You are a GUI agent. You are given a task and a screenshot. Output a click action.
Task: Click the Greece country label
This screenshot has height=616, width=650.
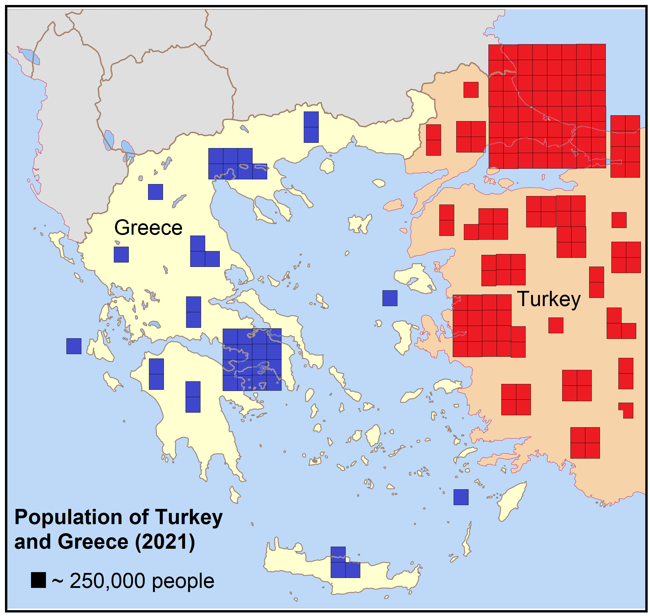(148, 228)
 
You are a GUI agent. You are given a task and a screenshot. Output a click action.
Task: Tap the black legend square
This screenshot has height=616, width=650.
(38, 580)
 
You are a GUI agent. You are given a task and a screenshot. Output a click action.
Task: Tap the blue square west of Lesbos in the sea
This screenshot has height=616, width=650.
(390, 298)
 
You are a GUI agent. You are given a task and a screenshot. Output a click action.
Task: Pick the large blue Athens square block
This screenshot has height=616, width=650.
(252, 359)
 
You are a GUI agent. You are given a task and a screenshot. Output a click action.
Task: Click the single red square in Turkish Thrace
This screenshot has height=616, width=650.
(470, 90)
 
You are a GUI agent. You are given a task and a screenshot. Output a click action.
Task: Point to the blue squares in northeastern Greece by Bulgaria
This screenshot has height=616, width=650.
(311, 127)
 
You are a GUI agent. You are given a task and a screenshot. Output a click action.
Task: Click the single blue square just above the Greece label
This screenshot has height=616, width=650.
(155, 192)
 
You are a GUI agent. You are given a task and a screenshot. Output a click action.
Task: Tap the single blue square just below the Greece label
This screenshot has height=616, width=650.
(121, 255)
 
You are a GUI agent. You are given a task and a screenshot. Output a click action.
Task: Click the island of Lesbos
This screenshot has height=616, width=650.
(414, 277)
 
